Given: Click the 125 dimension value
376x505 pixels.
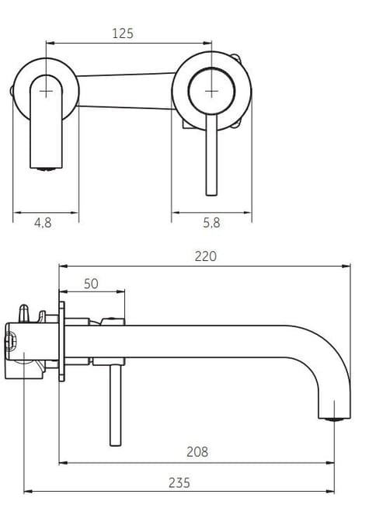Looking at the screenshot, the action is pyautogui.click(x=122, y=33).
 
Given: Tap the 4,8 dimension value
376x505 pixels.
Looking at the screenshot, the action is pyautogui.click(x=43, y=222).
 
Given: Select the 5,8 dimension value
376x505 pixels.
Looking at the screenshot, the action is pyautogui.click(x=211, y=222).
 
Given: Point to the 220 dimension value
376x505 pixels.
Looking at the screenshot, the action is pyautogui.click(x=206, y=256).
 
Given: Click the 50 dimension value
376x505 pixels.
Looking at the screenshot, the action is pyautogui.click(x=91, y=284).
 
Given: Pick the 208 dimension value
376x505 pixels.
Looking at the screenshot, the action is pyautogui.click(x=197, y=452).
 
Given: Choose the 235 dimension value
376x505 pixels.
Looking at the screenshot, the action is pyautogui.click(x=179, y=482).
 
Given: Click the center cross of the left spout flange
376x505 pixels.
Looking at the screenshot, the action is pyautogui.click(x=46, y=92).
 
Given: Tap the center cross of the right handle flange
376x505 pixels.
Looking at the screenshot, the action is pyautogui.click(x=211, y=92).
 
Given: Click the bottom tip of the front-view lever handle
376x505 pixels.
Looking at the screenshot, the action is pyautogui.click(x=211, y=195).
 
